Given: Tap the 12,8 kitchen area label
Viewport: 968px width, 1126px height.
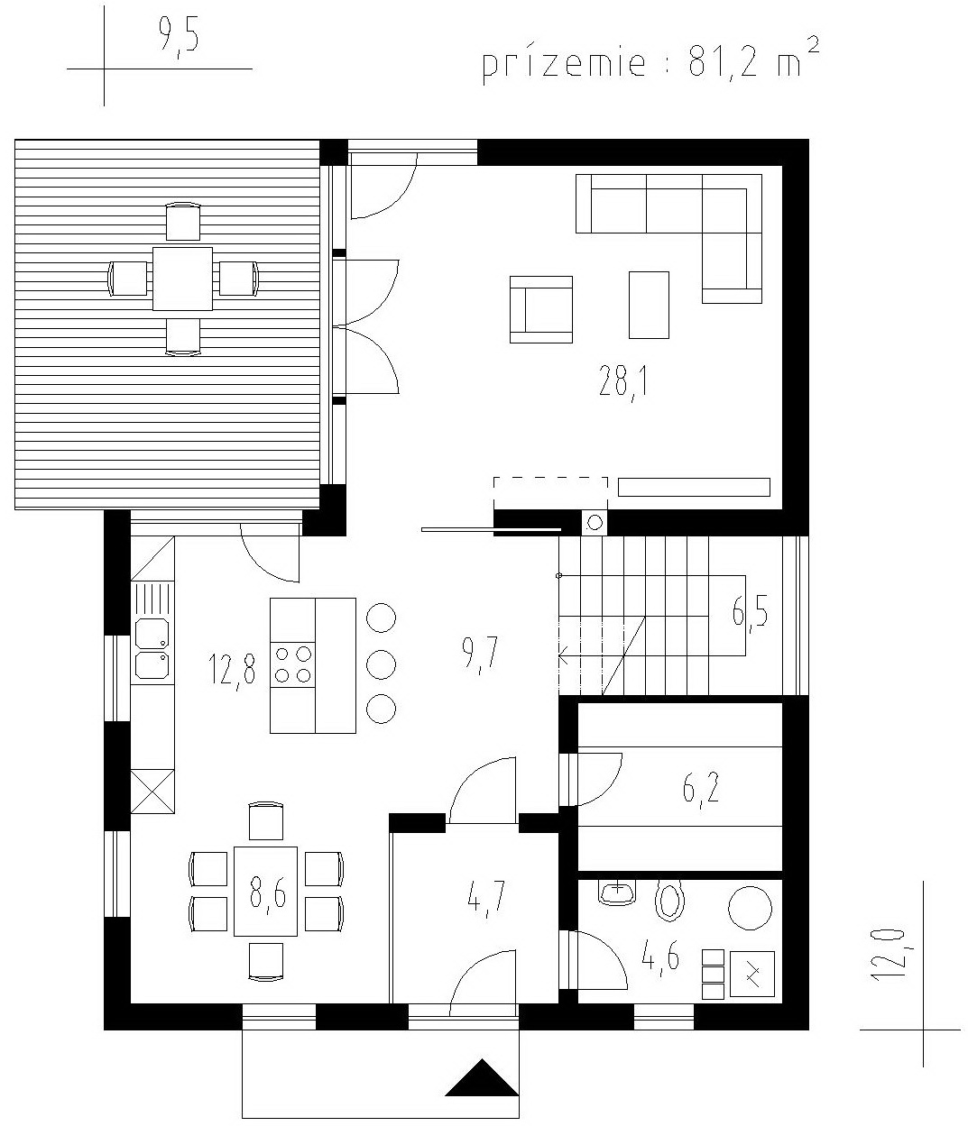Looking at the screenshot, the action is (232, 671).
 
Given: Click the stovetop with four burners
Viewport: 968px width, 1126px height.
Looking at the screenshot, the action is (292, 664).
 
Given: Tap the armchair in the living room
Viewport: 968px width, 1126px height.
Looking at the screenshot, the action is (541, 309).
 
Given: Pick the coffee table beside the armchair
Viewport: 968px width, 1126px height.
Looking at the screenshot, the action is (649, 305).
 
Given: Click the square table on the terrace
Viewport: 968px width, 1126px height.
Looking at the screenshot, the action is (182, 279).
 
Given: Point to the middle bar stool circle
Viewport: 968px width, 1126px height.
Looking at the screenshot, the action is (381, 664).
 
